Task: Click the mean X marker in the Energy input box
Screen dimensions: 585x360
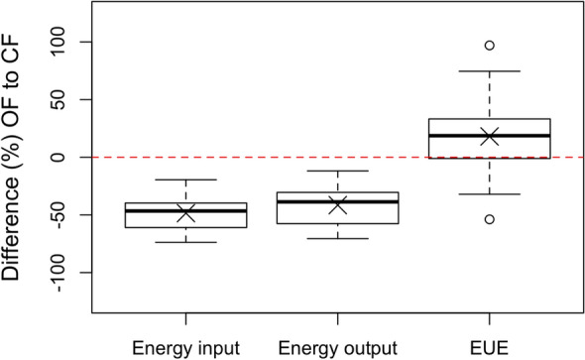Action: pyautogui.click(x=185, y=212)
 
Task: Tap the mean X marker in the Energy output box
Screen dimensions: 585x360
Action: pyautogui.click(x=337, y=204)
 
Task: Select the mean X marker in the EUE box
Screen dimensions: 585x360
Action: pyautogui.click(x=489, y=136)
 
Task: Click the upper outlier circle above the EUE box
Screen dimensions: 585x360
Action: pyautogui.click(x=489, y=46)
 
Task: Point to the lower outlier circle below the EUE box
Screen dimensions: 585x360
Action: pyautogui.click(x=489, y=219)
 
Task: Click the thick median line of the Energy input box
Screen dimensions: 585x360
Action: pyautogui.click(x=185, y=210)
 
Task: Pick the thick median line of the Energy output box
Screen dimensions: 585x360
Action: pyautogui.click(x=337, y=201)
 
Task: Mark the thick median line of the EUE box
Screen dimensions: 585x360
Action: pyautogui.click(x=489, y=135)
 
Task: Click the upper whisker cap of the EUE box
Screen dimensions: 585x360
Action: pyautogui.click(x=489, y=71)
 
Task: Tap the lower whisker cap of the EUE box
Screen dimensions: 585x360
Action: pyautogui.click(x=489, y=194)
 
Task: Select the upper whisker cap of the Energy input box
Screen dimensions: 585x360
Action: pyautogui.click(x=185, y=180)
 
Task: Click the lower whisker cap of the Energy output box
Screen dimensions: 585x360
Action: pyautogui.click(x=337, y=238)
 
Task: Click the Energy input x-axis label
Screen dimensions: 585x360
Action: pyautogui.click(x=185, y=347)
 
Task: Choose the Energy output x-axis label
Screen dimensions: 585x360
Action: pyautogui.click(x=337, y=347)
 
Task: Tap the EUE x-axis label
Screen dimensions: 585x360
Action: pyautogui.click(x=489, y=347)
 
